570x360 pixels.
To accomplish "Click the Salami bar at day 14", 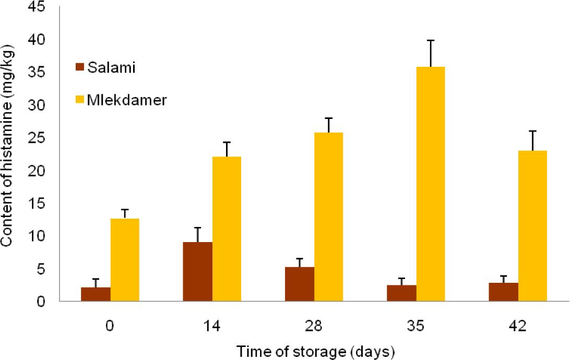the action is (197, 272).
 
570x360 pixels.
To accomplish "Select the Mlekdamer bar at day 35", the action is (431, 184).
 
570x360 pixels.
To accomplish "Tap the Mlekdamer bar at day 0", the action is (125, 260).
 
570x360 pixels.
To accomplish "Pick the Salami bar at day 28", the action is (300, 284).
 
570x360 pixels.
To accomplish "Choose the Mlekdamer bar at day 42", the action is (532, 226).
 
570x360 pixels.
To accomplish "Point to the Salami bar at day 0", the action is (96, 294).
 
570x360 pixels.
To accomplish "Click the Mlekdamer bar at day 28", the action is (329, 217).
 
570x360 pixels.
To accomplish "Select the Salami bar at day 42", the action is (504, 292).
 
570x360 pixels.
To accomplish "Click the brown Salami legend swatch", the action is (80, 67).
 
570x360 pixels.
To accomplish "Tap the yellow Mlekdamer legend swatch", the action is (80, 99).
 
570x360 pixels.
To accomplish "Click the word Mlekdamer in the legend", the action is (127, 100).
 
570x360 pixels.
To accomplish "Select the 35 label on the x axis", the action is (415, 326).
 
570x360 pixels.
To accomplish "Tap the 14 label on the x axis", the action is (211, 326).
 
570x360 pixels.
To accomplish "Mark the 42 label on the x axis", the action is (518, 326).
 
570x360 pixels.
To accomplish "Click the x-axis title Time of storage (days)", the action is (315, 351).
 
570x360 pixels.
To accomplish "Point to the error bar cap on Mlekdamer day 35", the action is (431, 40).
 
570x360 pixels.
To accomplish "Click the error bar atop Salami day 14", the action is (197, 235).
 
